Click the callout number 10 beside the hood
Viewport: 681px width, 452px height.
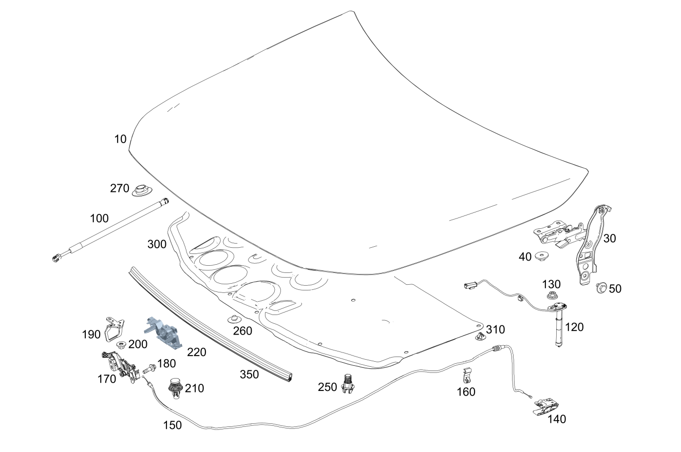(120, 139)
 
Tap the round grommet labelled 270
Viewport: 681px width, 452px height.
(143, 190)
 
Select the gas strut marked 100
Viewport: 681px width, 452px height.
(110, 230)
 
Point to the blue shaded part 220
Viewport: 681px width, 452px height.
(163, 333)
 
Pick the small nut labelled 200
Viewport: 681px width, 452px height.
(122, 345)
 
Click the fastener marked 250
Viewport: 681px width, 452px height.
(348, 384)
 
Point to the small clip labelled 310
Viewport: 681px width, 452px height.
(480, 336)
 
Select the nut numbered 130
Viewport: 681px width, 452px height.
(551, 295)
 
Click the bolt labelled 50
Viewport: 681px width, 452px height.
(601, 287)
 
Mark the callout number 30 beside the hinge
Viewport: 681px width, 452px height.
(610, 239)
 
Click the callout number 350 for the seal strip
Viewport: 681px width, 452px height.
(249, 374)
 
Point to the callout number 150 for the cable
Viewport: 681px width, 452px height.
(173, 425)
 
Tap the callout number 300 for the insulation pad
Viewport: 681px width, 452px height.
(157, 244)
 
